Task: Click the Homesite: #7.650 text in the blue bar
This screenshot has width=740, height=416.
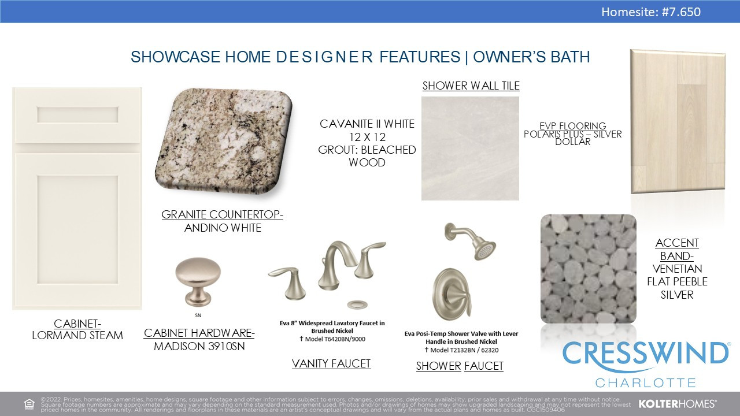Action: tap(651, 12)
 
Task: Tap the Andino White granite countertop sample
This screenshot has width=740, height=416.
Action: tap(224, 141)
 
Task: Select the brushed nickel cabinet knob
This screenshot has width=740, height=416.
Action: tap(198, 281)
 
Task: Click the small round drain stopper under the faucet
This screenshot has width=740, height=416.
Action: tap(357, 304)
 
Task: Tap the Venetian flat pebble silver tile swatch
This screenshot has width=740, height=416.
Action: tap(589, 269)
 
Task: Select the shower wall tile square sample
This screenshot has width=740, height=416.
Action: tap(470, 148)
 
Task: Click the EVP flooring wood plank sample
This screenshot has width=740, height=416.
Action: tap(678, 121)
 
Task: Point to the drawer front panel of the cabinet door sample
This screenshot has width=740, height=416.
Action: tap(77, 115)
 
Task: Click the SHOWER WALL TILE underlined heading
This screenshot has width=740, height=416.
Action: tap(471, 86)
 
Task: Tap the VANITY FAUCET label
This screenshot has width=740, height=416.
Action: tap(331, 363)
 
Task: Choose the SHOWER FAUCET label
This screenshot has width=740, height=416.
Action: tap(460, 366)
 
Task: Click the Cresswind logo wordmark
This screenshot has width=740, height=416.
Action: tap(646, 355)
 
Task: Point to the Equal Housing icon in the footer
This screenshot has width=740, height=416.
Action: tap(29, 404)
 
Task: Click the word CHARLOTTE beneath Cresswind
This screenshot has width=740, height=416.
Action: tap(646, 383)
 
